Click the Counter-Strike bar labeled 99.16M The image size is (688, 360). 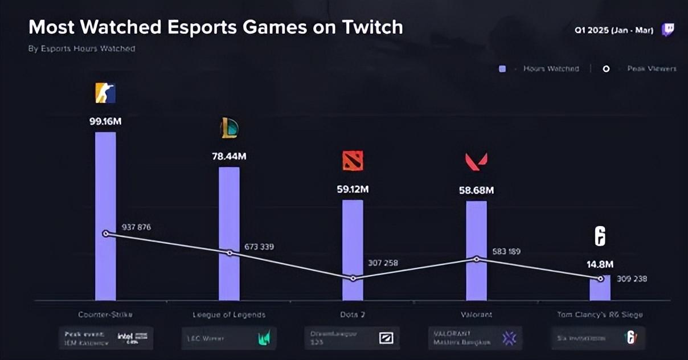point(105,182)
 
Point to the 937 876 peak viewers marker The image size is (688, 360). point(105,234)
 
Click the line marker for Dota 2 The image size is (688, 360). point(353,279)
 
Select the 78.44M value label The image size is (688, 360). point(229,156)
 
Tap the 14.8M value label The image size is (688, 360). point(600,264)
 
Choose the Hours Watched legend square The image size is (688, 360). point(502,69)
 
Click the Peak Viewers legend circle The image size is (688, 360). point(606,69)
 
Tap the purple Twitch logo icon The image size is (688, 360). point(667,30)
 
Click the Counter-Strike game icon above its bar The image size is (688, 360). point(105,93)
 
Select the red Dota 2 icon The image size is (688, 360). point(353,161)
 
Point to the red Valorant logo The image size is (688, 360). point(476,162)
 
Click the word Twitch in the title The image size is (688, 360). point(374,27)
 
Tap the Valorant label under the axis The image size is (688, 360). point(476,314)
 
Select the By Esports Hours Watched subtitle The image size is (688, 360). point(81,49)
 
